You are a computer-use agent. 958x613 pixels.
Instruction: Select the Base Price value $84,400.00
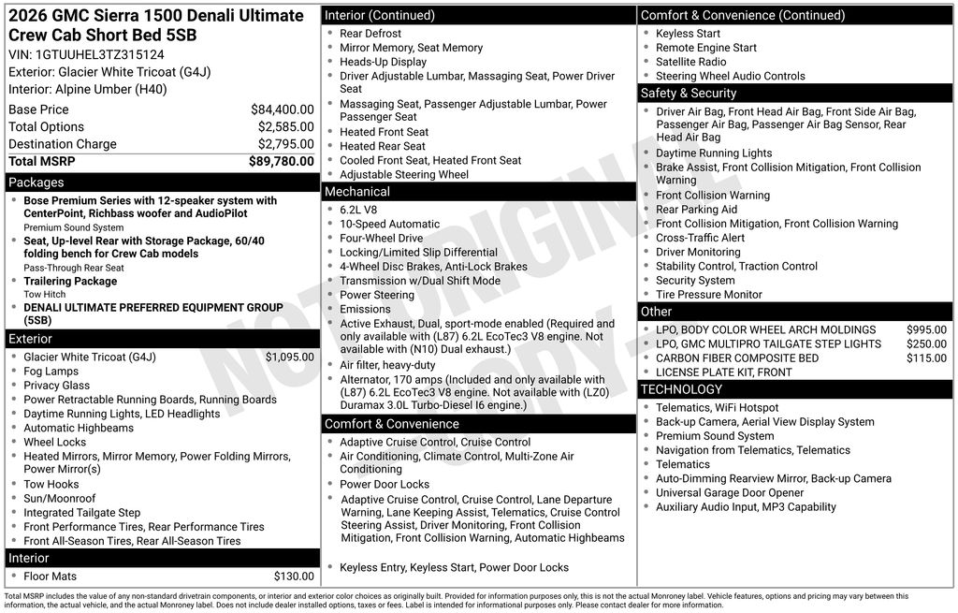[282, 109]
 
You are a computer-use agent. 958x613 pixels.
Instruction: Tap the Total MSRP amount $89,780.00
[281, 162]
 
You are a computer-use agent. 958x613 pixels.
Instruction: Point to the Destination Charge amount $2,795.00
[285, 144]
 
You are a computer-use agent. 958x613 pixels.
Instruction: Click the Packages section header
[36, 182]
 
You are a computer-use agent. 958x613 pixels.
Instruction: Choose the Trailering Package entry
[70, 281]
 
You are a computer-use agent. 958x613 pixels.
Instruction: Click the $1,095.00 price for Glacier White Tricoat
[289, 358]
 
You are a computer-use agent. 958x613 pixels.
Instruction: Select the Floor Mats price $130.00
[294, 577]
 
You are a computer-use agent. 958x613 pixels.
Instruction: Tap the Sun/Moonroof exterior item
[60, 499]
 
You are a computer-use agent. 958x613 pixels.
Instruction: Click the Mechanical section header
[356, 192]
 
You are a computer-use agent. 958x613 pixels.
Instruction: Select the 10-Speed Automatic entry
[389, 225]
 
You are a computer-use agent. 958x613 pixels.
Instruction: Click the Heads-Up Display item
[383, 62]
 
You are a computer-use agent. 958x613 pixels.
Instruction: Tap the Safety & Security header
[689, 94]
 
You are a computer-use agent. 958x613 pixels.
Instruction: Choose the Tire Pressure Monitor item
[708, 295]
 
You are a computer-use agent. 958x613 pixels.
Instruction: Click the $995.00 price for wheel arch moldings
[926, 330]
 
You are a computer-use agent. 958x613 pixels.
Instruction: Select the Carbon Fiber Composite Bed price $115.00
[926, 358]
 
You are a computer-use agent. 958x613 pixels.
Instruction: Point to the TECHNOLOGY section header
[681, 389]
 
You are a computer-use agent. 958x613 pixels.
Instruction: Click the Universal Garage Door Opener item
[730, 493]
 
